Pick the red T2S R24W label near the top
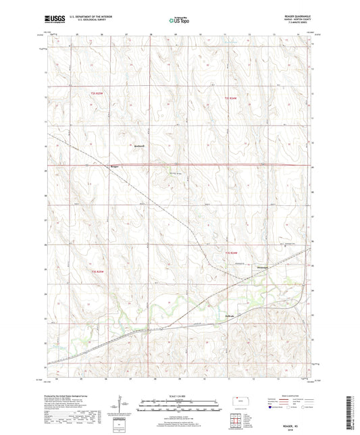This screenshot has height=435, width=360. [232, 100]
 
